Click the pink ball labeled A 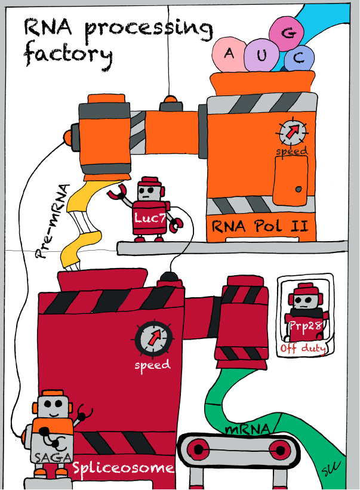(228, 54)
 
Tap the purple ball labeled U (262, 56)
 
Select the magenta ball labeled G (287, 33)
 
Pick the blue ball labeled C (299, 58)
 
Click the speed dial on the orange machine (293, 131)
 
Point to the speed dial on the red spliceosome (154, 338)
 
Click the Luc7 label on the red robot (150, 218)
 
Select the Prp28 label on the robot (304, 326)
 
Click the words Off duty (303, 348)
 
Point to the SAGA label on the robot (53, 458)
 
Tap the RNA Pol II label (260, 226)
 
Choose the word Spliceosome (123, 469)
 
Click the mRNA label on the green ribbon (247, 429)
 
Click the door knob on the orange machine (299, 189)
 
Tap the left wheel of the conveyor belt (198, 449)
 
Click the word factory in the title (68, 56)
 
